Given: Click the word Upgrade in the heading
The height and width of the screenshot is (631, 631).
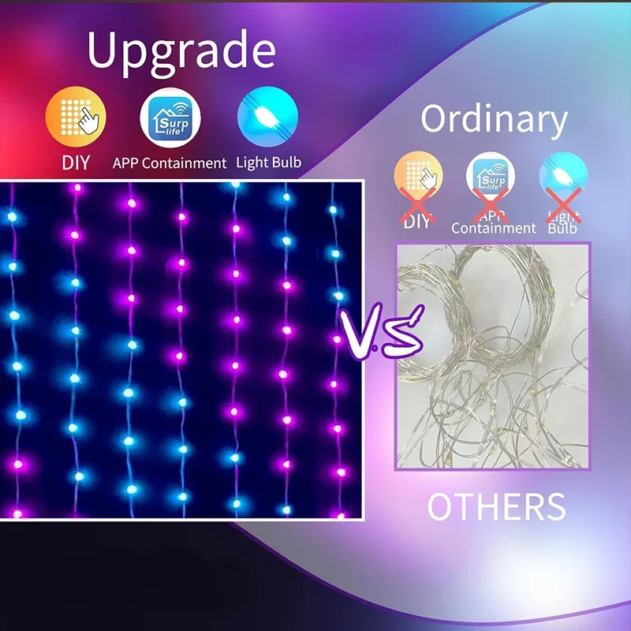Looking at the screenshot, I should coord(181,50).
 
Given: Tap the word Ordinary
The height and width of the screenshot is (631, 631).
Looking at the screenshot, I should coord(494,120).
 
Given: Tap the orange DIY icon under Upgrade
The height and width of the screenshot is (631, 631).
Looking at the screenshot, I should coord(76,118).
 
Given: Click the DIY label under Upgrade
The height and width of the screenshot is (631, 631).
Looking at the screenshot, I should coord(76,163).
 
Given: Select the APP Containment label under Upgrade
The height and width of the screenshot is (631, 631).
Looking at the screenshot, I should coord(170,163).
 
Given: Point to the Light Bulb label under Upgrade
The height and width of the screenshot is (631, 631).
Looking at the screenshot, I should coord(268,163).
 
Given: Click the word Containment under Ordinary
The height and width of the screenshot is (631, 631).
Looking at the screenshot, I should coord(494,228).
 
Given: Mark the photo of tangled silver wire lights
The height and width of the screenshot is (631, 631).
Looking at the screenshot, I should coord(492,357).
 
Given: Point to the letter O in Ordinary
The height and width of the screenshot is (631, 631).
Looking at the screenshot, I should coord(436,120).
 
